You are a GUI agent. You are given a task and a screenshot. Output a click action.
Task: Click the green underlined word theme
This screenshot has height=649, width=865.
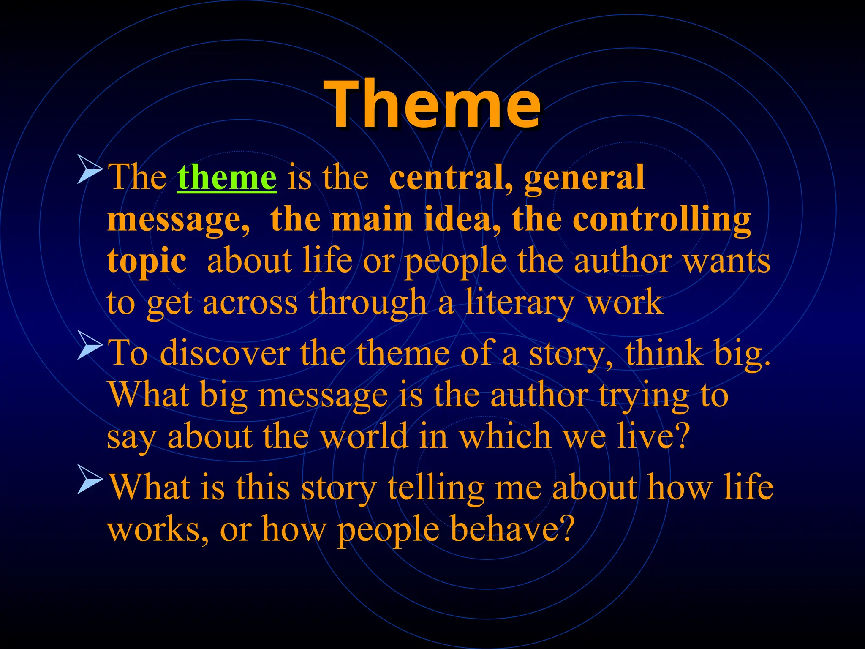[x=227, y=177]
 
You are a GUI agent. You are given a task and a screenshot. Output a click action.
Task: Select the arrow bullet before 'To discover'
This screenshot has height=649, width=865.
[x=90, y=346]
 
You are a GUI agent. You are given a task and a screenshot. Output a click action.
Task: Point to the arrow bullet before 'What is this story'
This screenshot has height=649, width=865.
[x=90, y=480]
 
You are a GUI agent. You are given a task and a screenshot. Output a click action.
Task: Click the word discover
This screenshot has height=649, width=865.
[x=225, y=353]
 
